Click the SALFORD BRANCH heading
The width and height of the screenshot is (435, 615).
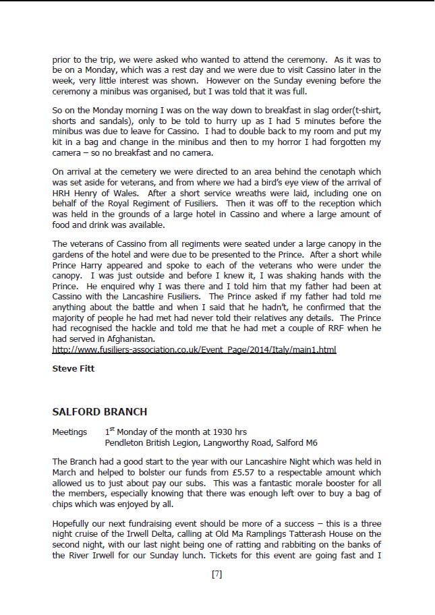[x=99, y=411]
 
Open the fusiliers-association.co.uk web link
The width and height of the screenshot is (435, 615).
[x=194, y=349]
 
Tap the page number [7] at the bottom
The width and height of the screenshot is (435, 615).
[x=216, y=575]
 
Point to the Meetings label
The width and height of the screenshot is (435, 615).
[x=69, y=432]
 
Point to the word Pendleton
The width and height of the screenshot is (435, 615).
[x=125, y=442]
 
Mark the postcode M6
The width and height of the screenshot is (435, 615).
[x=311, y=442]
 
